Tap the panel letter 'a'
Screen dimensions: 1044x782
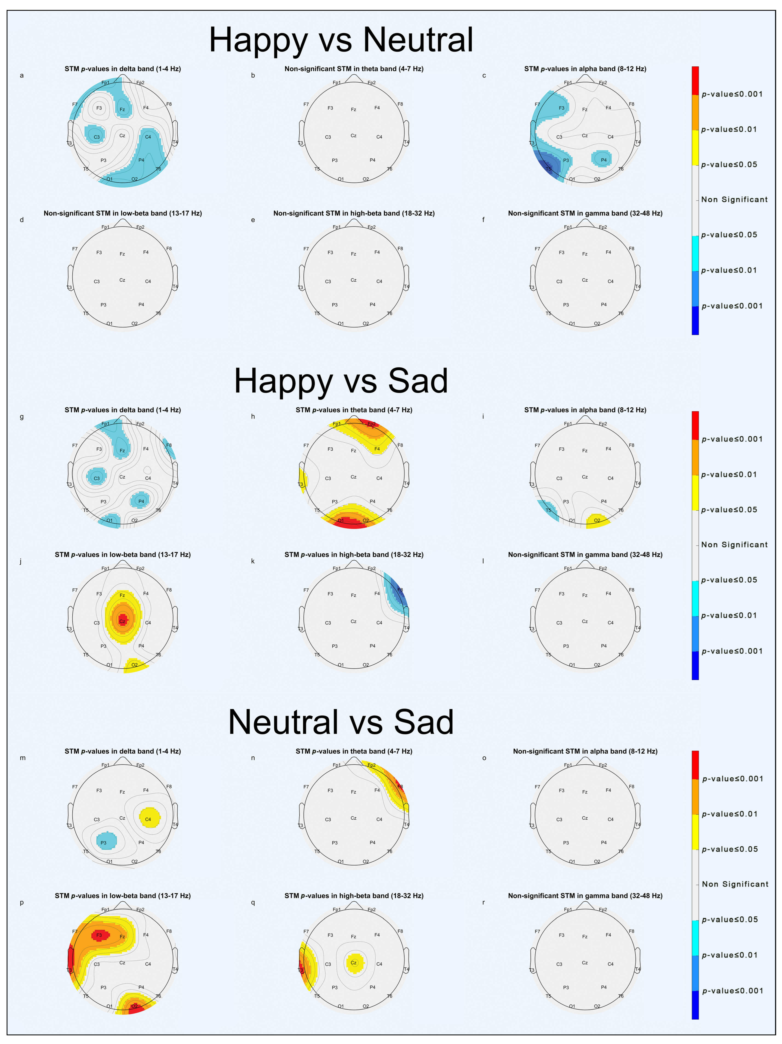pos(22,75)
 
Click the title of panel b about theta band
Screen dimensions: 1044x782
pos(354,69)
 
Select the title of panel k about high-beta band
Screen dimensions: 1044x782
pos(354,555)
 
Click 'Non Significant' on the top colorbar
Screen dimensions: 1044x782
pos(734,200)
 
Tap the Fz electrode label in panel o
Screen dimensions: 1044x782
pos(585,792)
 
